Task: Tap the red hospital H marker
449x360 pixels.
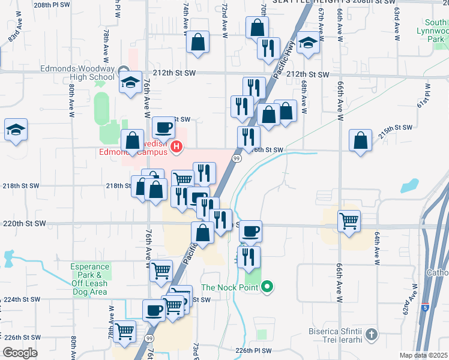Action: [x=176, y=146]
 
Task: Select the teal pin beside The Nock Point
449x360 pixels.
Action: [x=268, y=287]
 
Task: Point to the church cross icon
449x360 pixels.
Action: [x=372, y=334]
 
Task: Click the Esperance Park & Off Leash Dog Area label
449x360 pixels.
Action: [x=89, y=279]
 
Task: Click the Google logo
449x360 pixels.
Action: [x=20, y=353]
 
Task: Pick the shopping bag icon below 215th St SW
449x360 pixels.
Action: [x=360, y=140]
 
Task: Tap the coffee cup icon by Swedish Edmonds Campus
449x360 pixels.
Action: [x=163, y=127]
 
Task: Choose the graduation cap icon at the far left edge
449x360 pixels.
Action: [x=16, y=129]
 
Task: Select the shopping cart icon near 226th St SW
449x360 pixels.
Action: [x=124, y=331]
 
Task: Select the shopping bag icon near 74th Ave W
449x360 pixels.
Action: [x=197, y=42]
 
